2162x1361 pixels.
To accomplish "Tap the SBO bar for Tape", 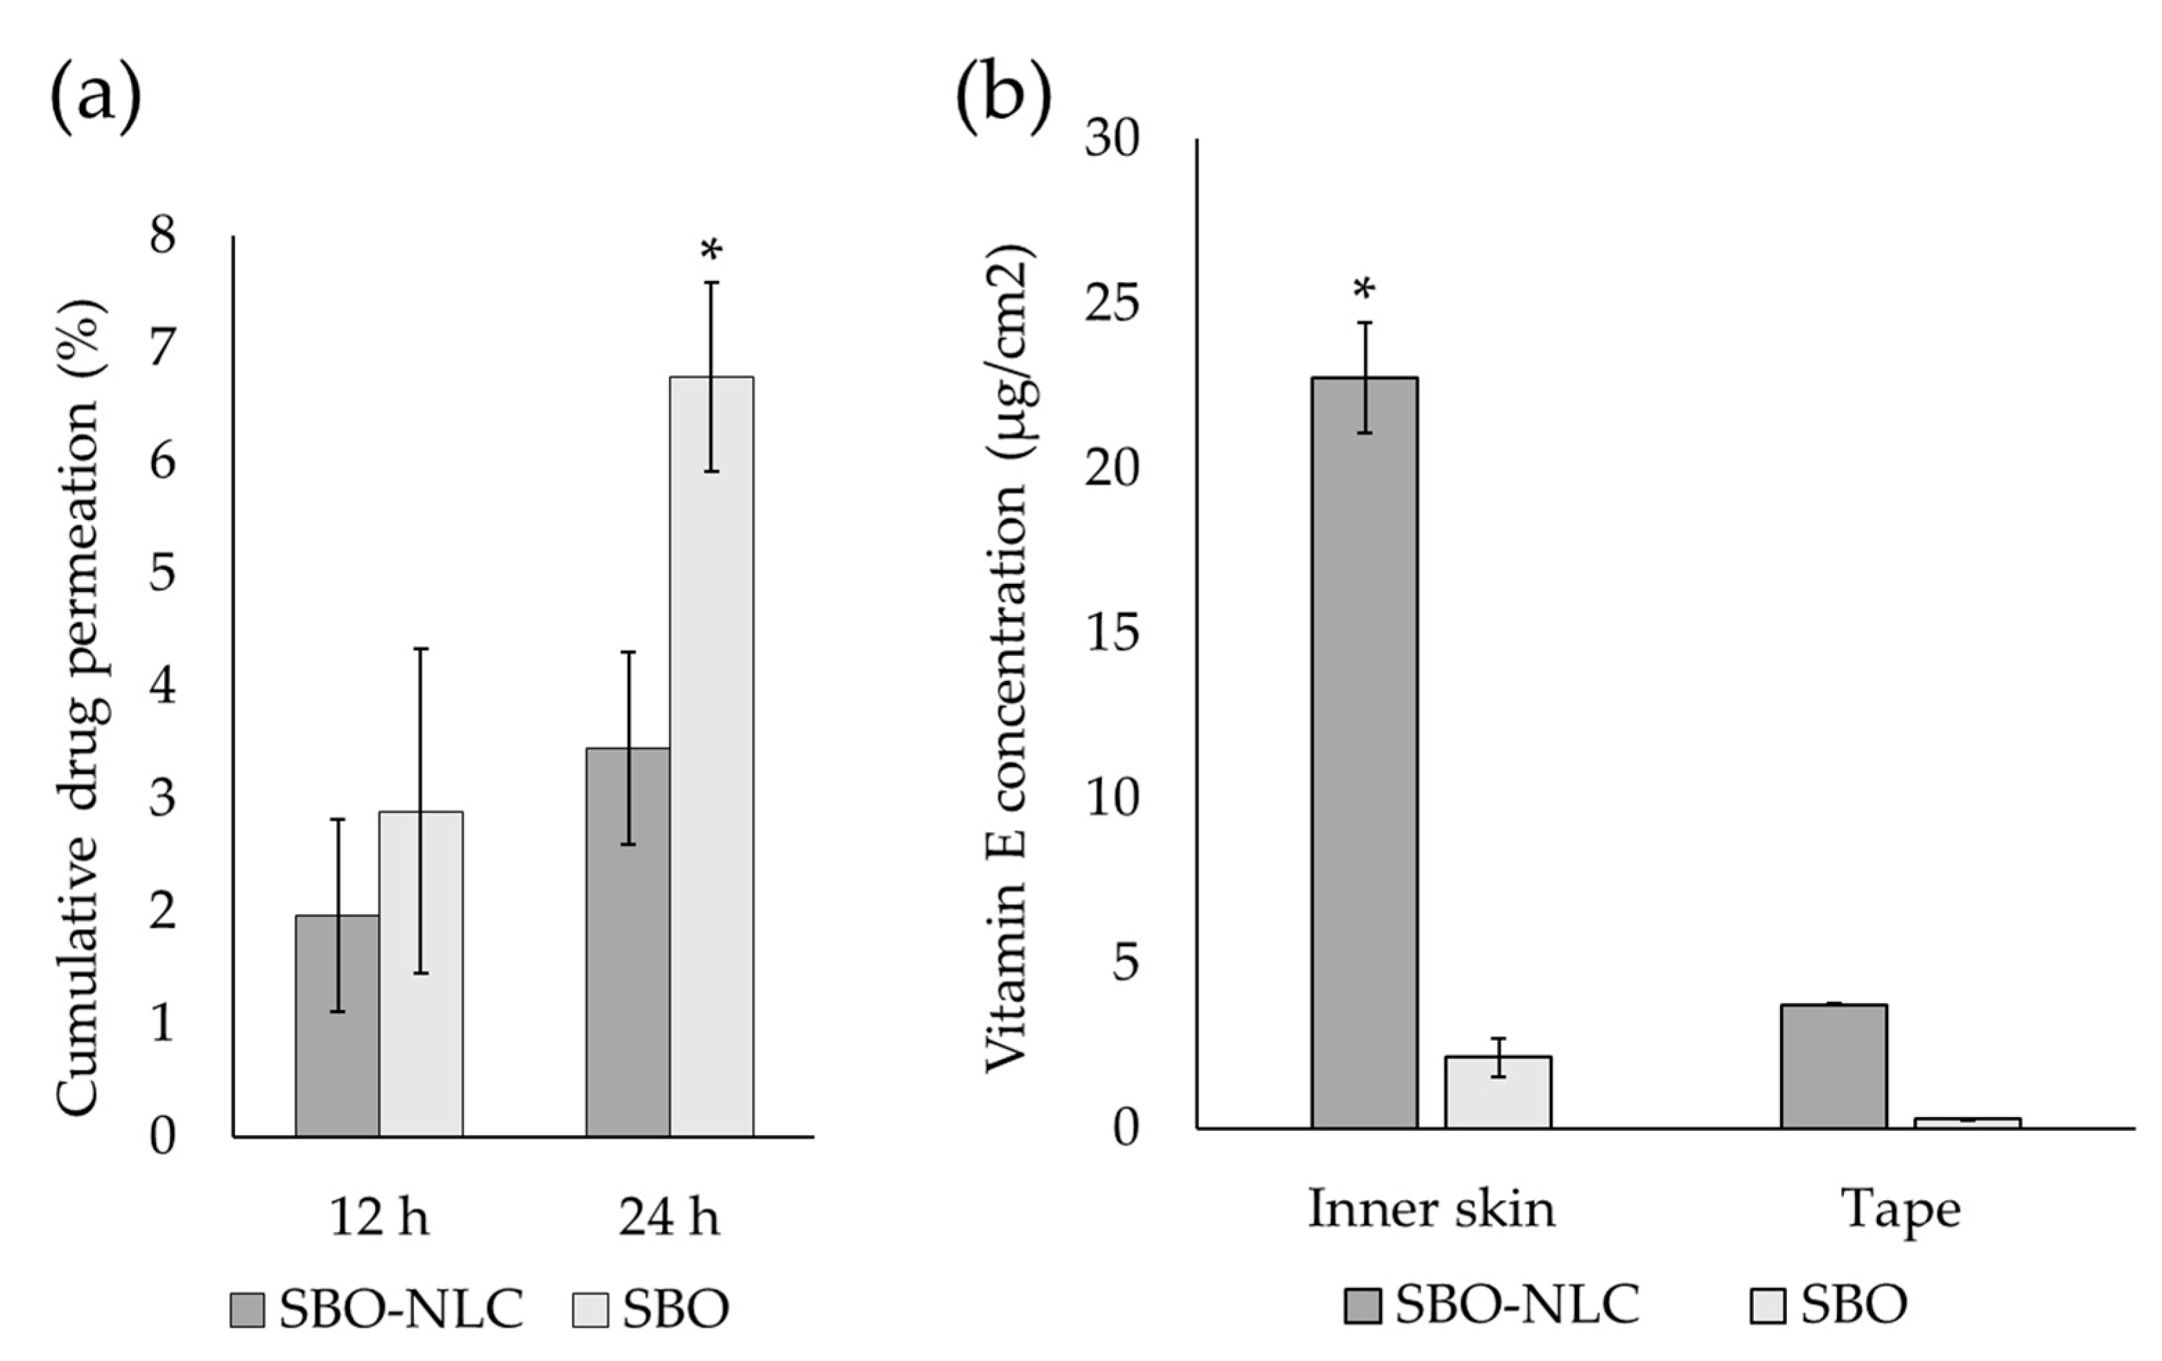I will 1967,1122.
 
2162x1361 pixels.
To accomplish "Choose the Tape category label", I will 1901,1209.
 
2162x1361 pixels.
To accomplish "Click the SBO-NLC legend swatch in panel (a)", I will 247,1310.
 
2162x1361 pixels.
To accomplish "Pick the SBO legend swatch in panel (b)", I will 1768,1306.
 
